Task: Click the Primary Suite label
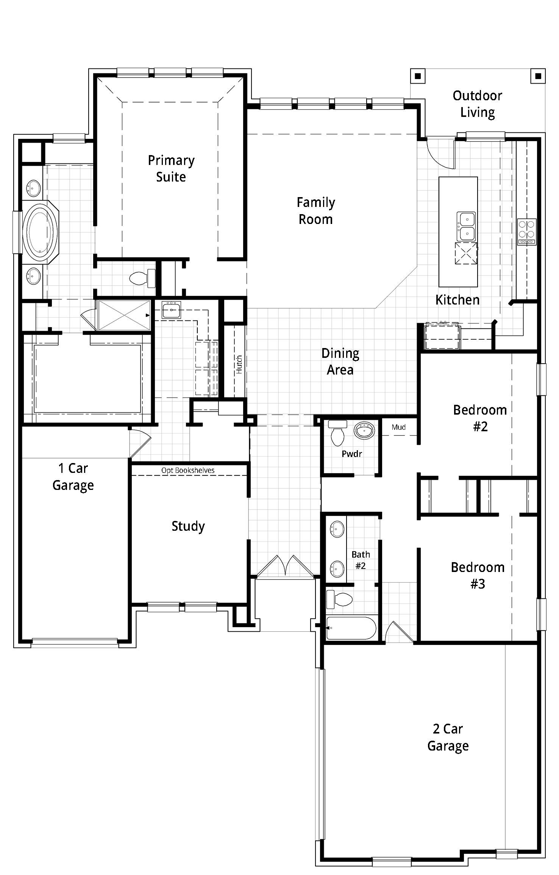coord(171,169)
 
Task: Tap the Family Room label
coord(316,211)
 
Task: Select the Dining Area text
coord(340,361)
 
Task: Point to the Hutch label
coord(239,365)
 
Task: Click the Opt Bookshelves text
coord(188,470)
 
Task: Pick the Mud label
coord(398,427)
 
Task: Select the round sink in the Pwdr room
coord(364,431)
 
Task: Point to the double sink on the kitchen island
coord(466,226)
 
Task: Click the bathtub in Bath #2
coord(351,628)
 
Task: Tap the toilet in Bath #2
coord(339,599)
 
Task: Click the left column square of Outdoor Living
coord(418,76)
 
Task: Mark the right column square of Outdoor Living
coord(537,76)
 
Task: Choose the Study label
coord(188,526)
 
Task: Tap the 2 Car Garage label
coord(448,737)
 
